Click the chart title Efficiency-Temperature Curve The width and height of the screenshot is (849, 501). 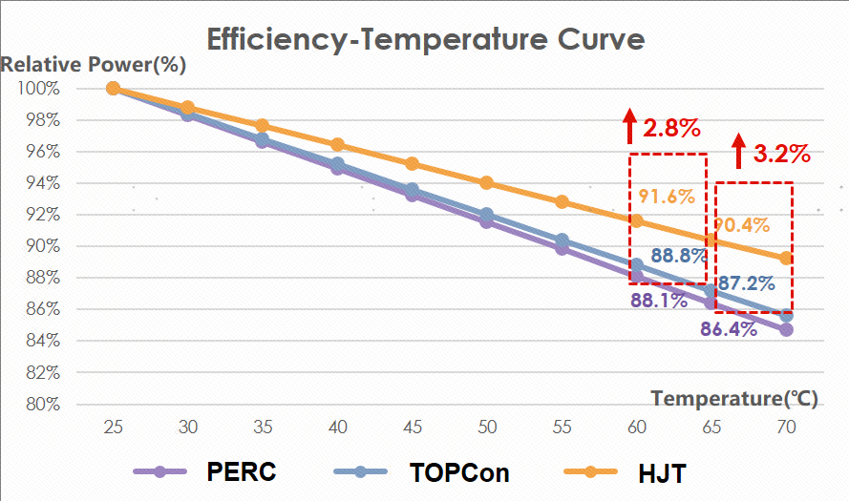tap(425, 39)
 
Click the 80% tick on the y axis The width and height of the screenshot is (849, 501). tap(42, 404)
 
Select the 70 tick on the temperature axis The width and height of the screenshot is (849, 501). tap(785, 428)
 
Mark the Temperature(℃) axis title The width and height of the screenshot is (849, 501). tap(734, 398)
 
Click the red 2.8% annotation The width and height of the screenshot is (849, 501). tap(672, 128)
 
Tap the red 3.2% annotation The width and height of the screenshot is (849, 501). tap(781, 153)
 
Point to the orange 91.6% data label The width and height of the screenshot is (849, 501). tap(666, 197)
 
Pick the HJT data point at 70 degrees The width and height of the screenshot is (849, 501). tap(786, 258)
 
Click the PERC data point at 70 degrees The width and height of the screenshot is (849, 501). tap(786, 329)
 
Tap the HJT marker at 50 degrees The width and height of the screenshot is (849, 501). tap(486, 182)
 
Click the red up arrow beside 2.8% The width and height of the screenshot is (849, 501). tap(630, 126)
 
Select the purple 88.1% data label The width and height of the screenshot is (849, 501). tap(659, 301)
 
